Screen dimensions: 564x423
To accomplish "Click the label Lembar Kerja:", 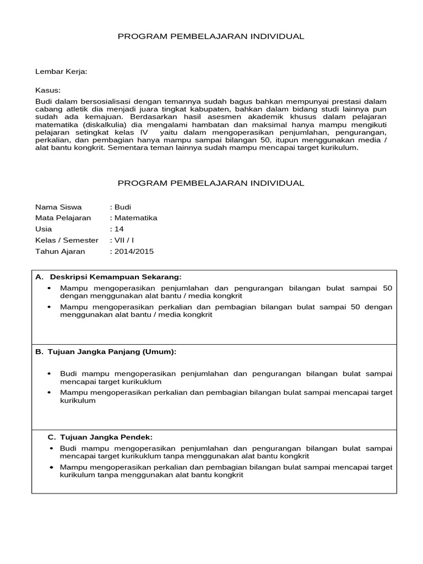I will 61,72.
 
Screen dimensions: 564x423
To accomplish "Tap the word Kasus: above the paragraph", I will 48,90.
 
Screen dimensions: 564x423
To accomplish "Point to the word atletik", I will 75,109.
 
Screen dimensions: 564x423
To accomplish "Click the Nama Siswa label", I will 58,207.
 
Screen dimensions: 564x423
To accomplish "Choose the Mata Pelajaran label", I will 63,218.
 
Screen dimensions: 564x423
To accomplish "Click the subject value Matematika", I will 135,218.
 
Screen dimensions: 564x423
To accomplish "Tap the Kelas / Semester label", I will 67,240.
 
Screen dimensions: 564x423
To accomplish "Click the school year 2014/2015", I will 133,251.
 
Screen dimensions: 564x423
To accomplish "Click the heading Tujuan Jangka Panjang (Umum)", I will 113,351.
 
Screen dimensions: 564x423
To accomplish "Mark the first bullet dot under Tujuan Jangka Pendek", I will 51,448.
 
